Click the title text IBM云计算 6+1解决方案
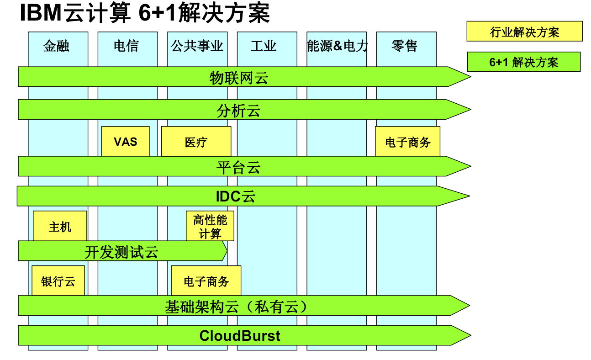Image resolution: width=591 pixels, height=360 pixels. tap(145, 13)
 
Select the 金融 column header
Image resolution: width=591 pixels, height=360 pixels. tap(56, 46)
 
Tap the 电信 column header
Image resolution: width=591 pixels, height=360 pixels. tap(126, 46)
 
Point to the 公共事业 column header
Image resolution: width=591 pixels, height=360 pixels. tap(197, 46)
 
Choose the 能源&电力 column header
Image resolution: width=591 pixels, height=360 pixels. tap(337, 46)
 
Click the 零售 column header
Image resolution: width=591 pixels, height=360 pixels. tap(405, 46)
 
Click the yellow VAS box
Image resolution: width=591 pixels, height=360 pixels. tap(126, 142)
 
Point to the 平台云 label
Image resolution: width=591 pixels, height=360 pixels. tap(238, 167)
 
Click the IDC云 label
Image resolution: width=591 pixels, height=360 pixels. tap(236, 196)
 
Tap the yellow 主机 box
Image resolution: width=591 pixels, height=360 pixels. tap(60, 226)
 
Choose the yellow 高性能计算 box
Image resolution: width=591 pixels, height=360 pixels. tap(210, 226)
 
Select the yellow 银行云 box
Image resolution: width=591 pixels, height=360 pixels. tap(58, 281)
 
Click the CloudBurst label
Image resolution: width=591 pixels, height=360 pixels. tap(240, 336)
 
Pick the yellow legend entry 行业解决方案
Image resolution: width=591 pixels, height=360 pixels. tap(524, 32)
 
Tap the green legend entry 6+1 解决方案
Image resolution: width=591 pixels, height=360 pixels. tap(523, 62)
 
